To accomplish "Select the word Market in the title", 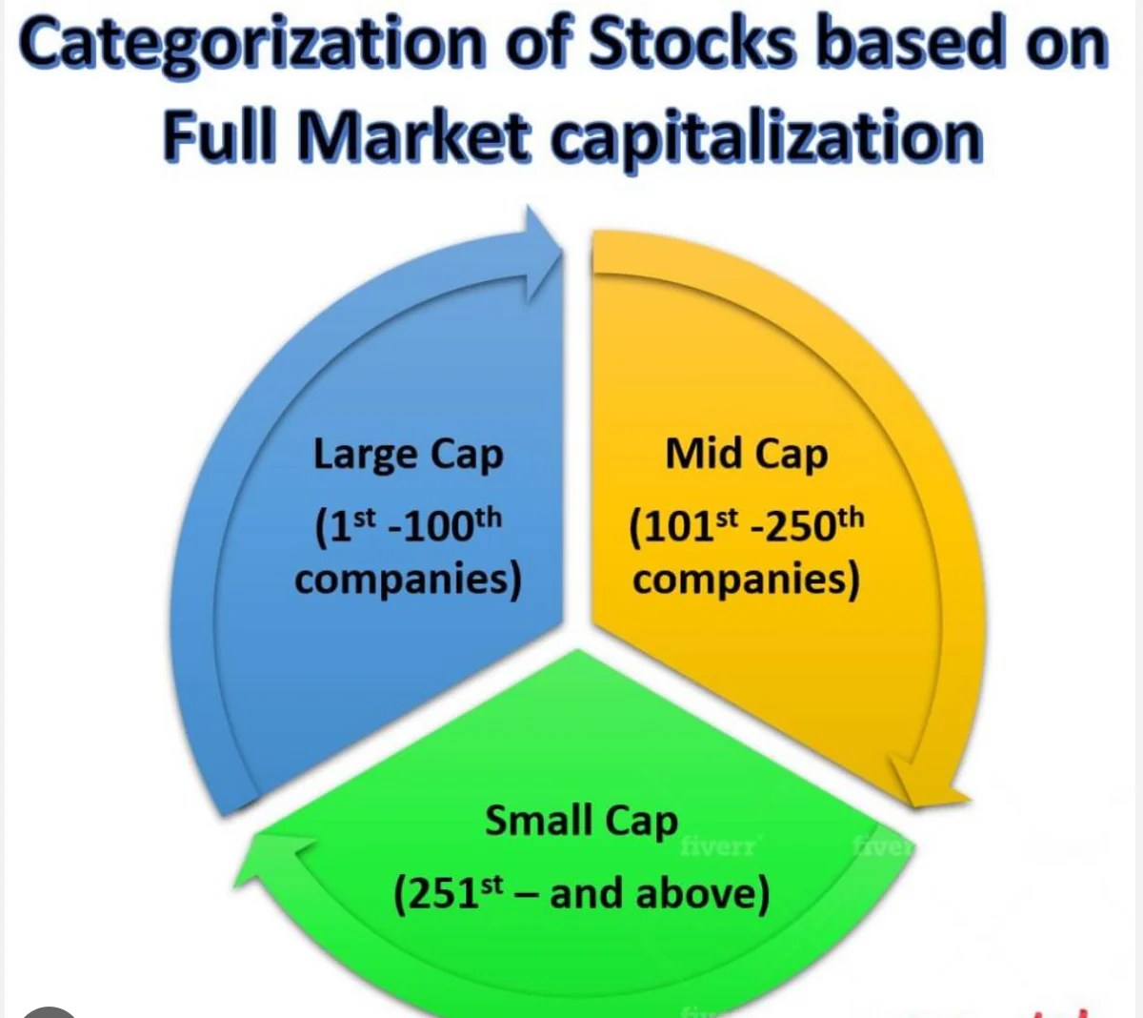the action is coord(414,136).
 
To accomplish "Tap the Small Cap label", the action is coord(582,822).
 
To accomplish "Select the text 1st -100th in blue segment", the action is coord(408,528).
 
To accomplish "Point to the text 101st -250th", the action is coord(747,528).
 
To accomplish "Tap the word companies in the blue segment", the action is coord(408,581).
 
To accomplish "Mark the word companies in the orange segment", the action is coord(746,581).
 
